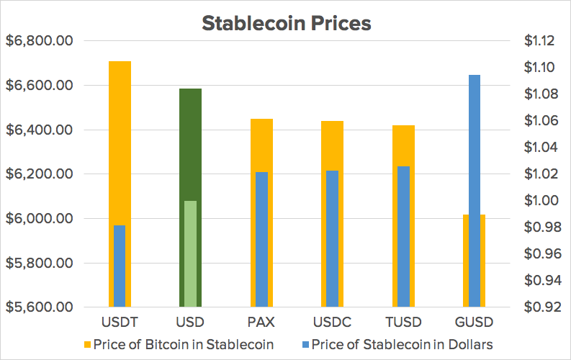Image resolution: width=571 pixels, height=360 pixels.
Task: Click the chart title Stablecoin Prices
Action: pos(286,23)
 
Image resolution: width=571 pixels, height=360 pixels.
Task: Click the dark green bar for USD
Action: pos(190,144)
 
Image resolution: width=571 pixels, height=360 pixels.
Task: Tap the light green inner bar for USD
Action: pos(190,253)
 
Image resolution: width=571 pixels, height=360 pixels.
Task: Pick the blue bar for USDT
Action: pos(120,266)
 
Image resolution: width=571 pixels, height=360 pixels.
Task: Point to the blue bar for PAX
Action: pos(261,239)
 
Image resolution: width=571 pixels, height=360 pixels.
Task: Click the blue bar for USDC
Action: pos(332,238)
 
